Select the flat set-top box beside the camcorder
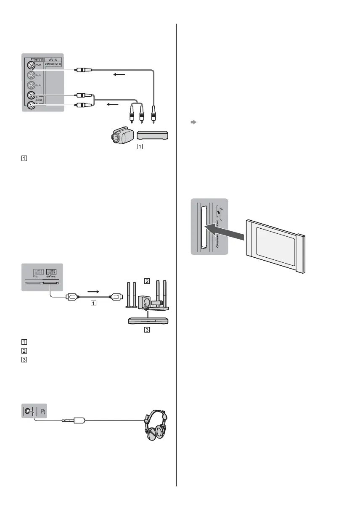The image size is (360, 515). (153, 135)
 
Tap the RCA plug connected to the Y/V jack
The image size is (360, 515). (80, 70)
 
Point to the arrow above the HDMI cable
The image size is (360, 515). (93, 290)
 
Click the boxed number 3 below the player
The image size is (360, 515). (146, 330)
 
